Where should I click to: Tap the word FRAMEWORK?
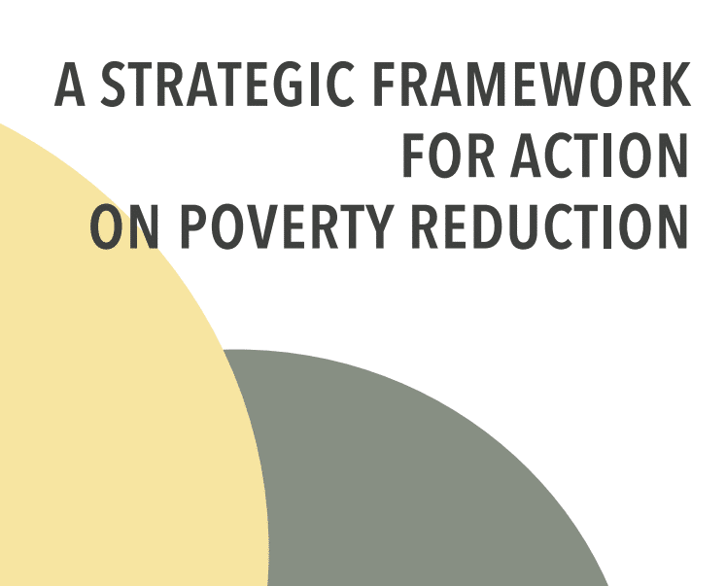[532, 85]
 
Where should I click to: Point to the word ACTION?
[599, 155]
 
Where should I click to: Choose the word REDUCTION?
[549, 226]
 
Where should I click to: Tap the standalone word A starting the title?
[70, 85]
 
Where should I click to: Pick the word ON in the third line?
[124, 226]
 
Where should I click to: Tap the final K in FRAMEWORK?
[674, 85]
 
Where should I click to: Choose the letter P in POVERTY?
[194, 226]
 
